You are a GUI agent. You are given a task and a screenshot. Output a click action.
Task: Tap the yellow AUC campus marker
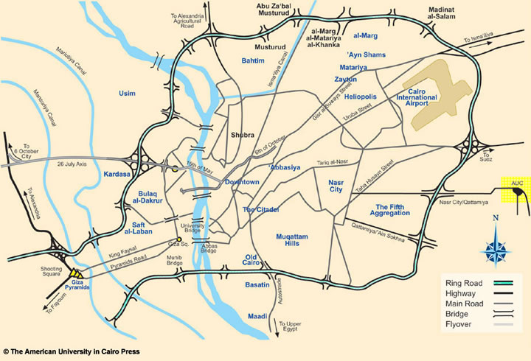515,190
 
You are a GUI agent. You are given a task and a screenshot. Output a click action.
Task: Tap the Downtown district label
242,182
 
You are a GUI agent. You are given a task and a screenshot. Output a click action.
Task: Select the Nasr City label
336,185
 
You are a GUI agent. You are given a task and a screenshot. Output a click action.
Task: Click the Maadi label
257,316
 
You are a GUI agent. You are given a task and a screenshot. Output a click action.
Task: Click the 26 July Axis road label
77,164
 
